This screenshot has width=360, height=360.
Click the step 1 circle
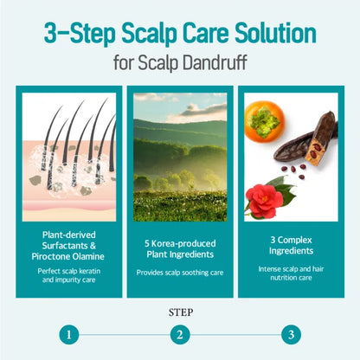(69, 335)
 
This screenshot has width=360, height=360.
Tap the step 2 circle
(180, 335)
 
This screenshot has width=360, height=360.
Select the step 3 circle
(291, 335)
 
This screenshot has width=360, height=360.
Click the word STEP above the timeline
(181, 312)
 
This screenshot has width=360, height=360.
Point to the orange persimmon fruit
(265, 121)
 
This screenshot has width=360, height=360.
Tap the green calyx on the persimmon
(263, 121)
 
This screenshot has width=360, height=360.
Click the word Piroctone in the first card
(52, 256)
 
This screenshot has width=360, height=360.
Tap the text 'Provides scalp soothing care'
(180, 273)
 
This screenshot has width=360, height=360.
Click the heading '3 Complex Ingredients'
(291, 245)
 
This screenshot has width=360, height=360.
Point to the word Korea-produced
(183, 243)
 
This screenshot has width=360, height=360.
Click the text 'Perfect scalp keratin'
(69, 271)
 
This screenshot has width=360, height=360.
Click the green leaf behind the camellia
(284, 189)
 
